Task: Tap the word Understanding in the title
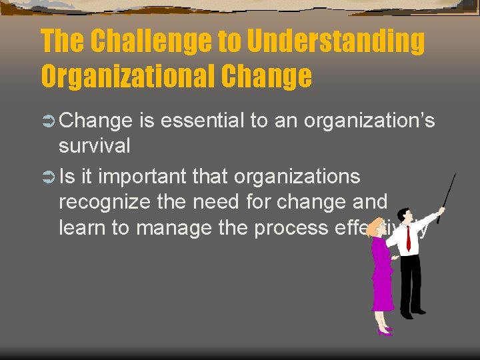click(x=337, y=41)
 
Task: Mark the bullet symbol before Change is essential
click(x=48, y=121)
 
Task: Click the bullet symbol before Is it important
click(x=48, y=177)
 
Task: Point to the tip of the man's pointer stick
click(x=455, y=175)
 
